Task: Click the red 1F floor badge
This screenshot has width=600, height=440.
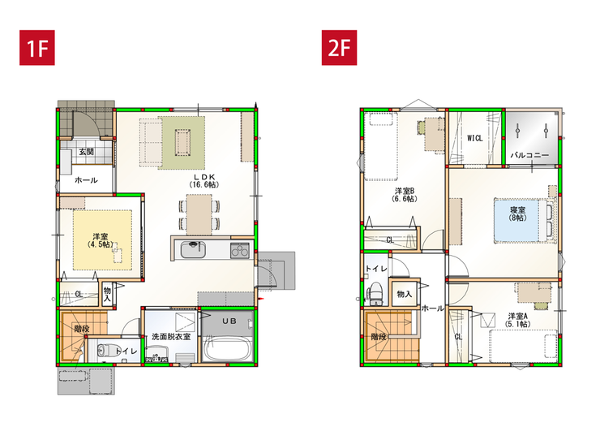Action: [37, 48]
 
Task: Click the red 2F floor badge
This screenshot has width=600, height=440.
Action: [339, 48]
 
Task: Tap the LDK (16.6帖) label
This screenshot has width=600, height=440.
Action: [204, 181]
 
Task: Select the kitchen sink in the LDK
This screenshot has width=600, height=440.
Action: [193, 249]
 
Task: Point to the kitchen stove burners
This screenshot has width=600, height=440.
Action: [239, 250]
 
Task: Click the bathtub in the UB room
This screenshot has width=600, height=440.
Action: [226, 348]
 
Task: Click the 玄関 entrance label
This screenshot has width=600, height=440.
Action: [87, 151]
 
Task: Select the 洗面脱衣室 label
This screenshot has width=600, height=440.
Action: [171, 337]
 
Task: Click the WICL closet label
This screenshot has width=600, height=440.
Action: [474, 138]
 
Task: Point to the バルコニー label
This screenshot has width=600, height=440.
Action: [529, 155]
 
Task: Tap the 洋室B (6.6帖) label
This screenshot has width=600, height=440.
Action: [405, 195]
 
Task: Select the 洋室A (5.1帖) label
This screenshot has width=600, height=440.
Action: [518, 320]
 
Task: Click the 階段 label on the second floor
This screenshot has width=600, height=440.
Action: [379, 337]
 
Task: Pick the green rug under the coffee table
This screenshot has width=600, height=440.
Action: [182, 142]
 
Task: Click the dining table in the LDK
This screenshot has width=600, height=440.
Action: [199, 214]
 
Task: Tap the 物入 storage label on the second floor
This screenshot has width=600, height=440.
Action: [404, 294]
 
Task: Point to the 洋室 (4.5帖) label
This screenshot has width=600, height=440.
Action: [101, 240]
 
